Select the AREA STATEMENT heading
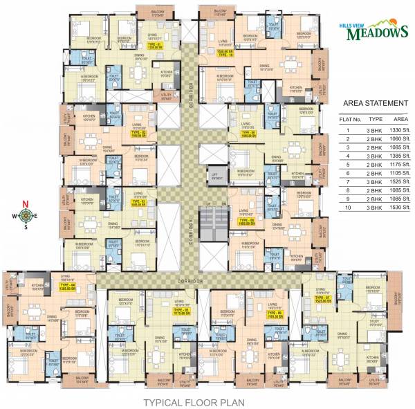click(374, 104)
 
